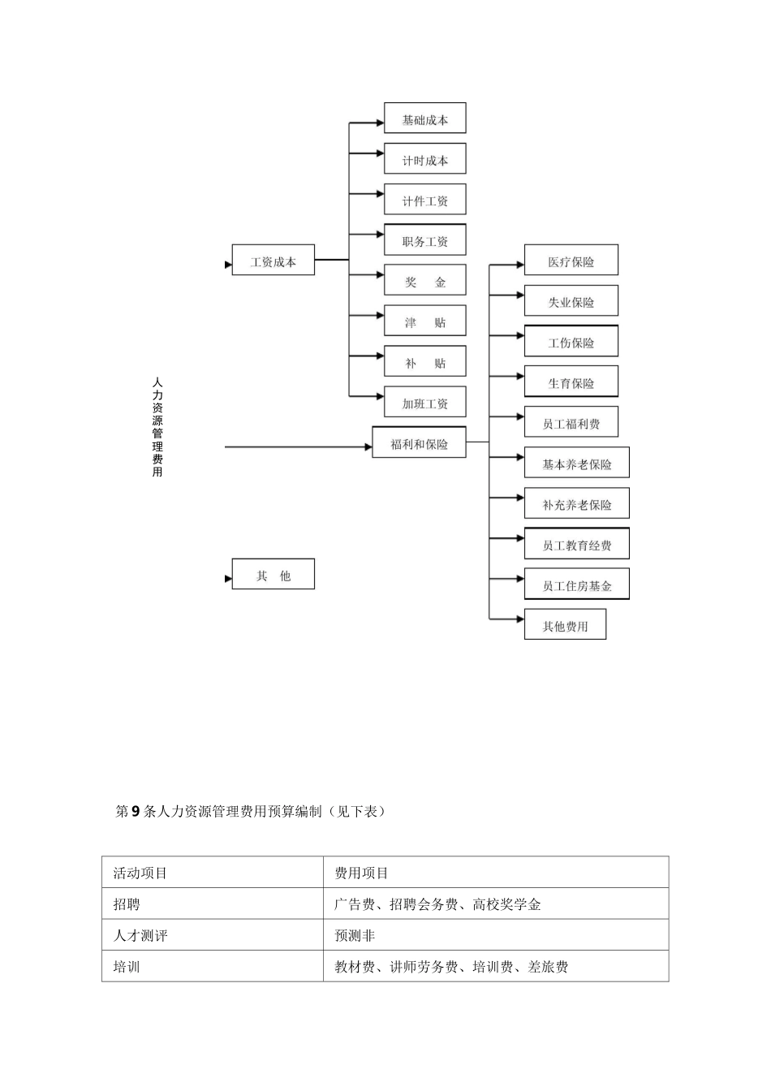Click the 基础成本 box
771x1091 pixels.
tap(424, 119)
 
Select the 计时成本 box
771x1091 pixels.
tap(424, 160)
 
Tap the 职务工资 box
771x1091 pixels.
tap(424, 241)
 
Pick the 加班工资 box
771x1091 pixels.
tap(424, 403)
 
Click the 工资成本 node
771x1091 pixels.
tap(273, 261)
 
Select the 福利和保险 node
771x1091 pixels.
tap(419, 444)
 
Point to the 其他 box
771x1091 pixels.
tap(273, 576)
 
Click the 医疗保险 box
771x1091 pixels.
tap(571, 261)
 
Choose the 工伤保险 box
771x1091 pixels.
tap(571, 343)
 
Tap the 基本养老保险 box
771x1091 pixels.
tap(576, 464)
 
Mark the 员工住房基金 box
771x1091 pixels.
tap(576, 585)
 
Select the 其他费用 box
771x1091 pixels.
tap(565, 626)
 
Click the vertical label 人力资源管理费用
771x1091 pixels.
tap(157, 426)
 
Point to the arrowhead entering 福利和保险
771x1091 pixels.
tap(368, 446)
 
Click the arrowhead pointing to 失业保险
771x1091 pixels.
tap(519, 295)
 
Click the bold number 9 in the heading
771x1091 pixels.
tap(136, 811)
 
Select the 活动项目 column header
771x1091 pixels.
tap(140, 873)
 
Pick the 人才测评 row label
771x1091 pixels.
tap(140, 936)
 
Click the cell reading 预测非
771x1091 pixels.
tap(355, 936)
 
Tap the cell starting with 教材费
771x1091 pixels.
tap(451, 967)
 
